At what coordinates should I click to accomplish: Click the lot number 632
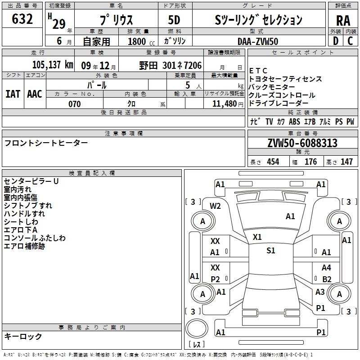[x=22, y=18]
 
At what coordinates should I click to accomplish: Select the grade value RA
[x=343, y=21]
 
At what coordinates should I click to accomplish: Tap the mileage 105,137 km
[x=53, y=64]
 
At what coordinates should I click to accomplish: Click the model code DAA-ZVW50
[x=258, y=41]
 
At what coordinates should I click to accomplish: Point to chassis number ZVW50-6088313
[x=302, y=143]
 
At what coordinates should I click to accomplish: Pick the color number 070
[x=75, y=104]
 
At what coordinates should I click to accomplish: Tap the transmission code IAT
[x=13, y=94]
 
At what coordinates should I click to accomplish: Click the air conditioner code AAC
[x=35, y=94]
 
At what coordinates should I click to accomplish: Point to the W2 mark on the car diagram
[x=215, y=206]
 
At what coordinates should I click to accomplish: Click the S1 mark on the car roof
[x=271, y=250]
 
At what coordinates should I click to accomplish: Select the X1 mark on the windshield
[x=257, y=237]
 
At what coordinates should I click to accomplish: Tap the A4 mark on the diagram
[x=326, y=267]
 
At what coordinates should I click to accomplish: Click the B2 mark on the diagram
[x=327, y=279]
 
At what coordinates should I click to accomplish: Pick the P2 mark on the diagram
[x=216, y=279]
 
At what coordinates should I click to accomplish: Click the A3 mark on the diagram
[x=320, y=292]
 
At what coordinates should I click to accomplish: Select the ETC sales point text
[x=258, y=71]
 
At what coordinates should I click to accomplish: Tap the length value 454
[x=273, y=162]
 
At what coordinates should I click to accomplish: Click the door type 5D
[x=174, y=20]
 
